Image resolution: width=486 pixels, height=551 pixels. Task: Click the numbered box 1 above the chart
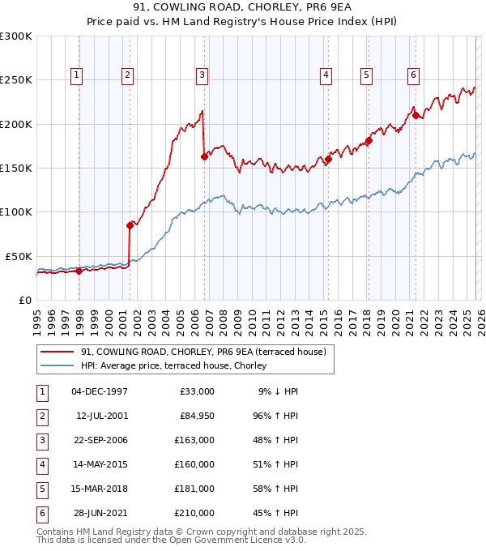tap(76, 75)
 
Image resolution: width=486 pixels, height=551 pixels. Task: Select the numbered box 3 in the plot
tap(201, 75)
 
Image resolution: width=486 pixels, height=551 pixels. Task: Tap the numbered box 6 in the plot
tap(413, 75)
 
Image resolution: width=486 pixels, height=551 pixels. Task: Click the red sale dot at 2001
tap(130, 225)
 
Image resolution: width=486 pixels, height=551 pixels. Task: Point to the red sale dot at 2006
tap(204, 157)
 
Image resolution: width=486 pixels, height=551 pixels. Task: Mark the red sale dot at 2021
tap(416, 116)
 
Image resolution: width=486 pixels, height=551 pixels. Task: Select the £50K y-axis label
tap(19, 256)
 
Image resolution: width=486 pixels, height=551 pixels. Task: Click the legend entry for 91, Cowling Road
tap(202, 352)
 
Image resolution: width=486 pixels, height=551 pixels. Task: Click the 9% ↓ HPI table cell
tap(278, 391)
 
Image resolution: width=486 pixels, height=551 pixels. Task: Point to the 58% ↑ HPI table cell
tap(278, 488)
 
